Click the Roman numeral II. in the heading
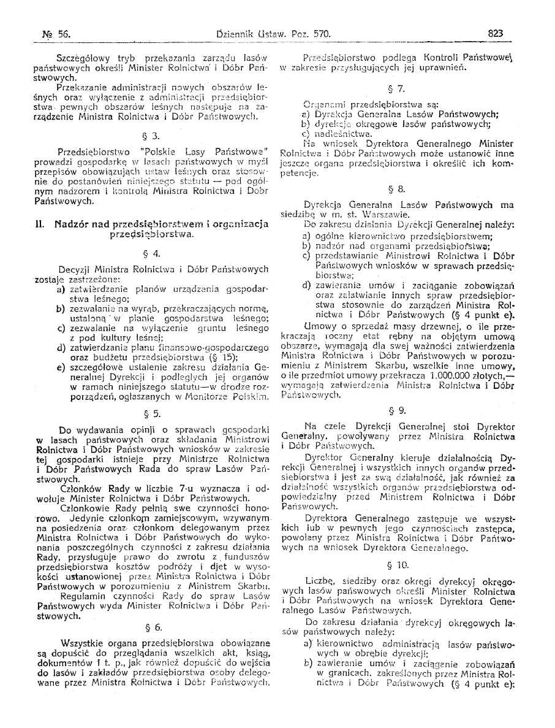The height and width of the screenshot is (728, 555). (x=41, y=224)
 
